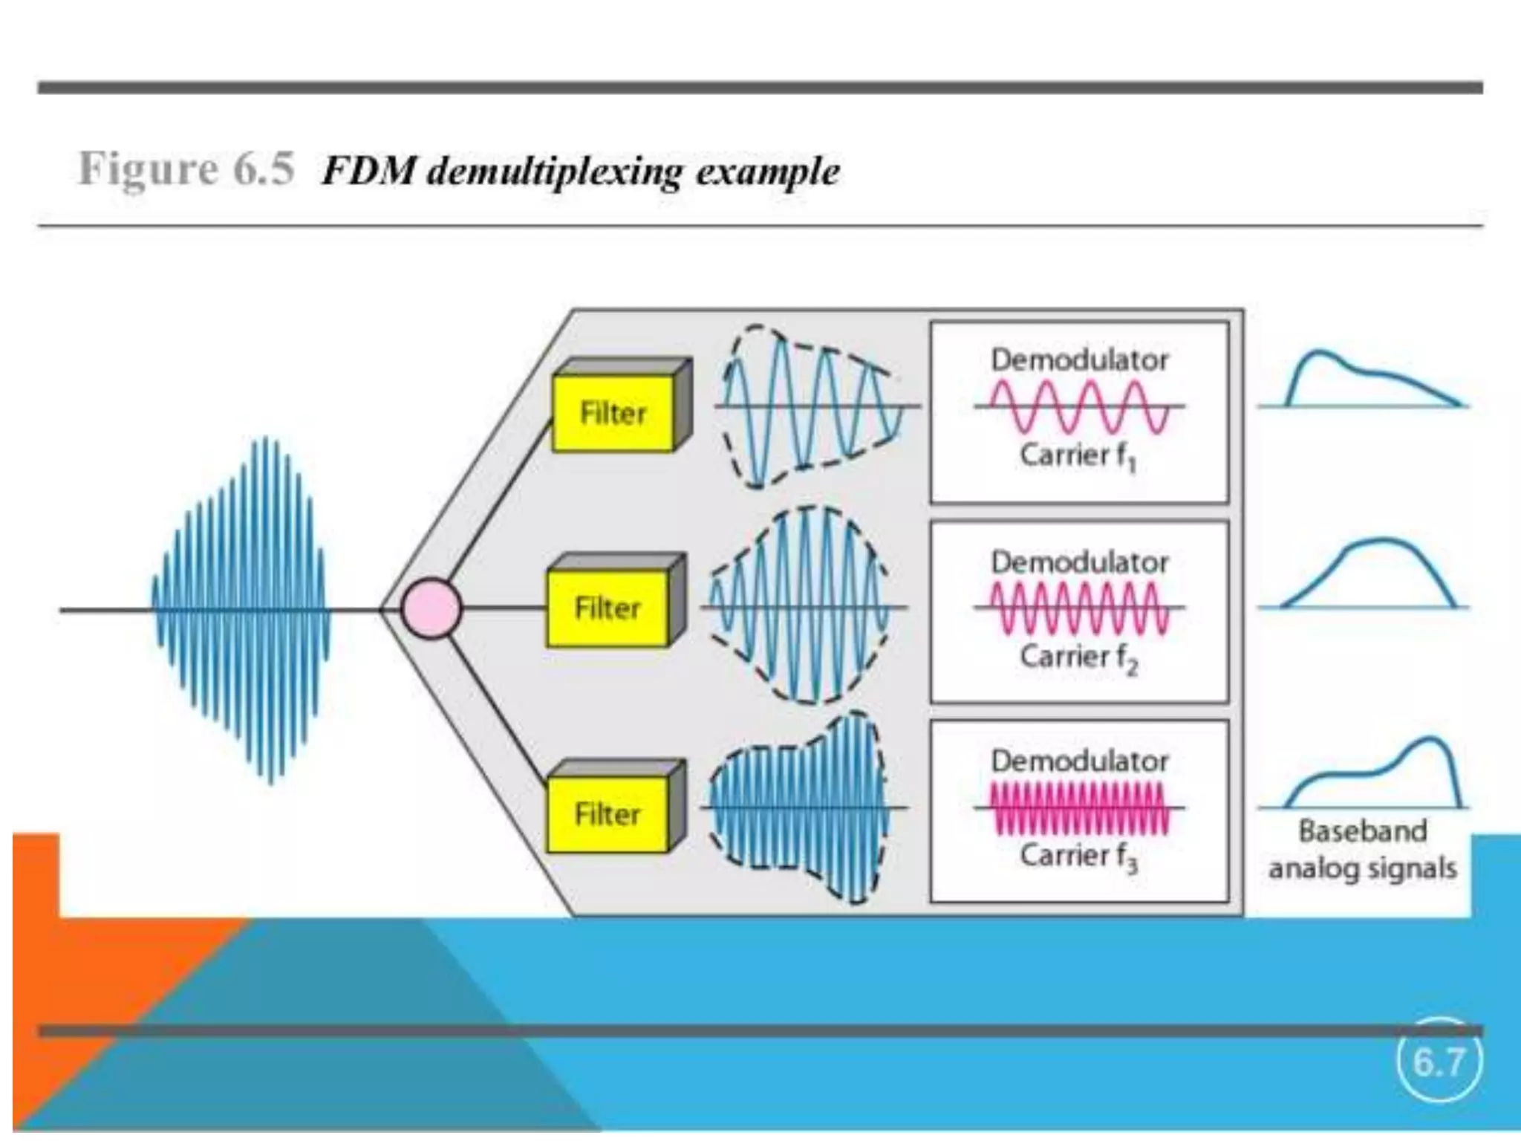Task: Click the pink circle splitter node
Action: (431, 609)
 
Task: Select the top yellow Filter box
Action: (613, 413)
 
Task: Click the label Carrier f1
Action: (1078, 455)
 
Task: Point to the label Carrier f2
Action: (1078, 657)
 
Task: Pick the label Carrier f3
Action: (1078, 856)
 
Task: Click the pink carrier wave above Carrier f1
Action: (1079, 406)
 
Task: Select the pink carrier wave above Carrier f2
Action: (1079, 608)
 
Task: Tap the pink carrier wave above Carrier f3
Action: (1079, 808)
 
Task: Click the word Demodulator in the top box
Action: (1080, 360)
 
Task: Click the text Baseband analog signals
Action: (1363, 849)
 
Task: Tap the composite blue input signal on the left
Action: (241, 609)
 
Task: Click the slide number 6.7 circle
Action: (1439, 1062)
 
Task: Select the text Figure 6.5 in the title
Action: (186, 169)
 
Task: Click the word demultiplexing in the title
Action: (554, 172)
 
